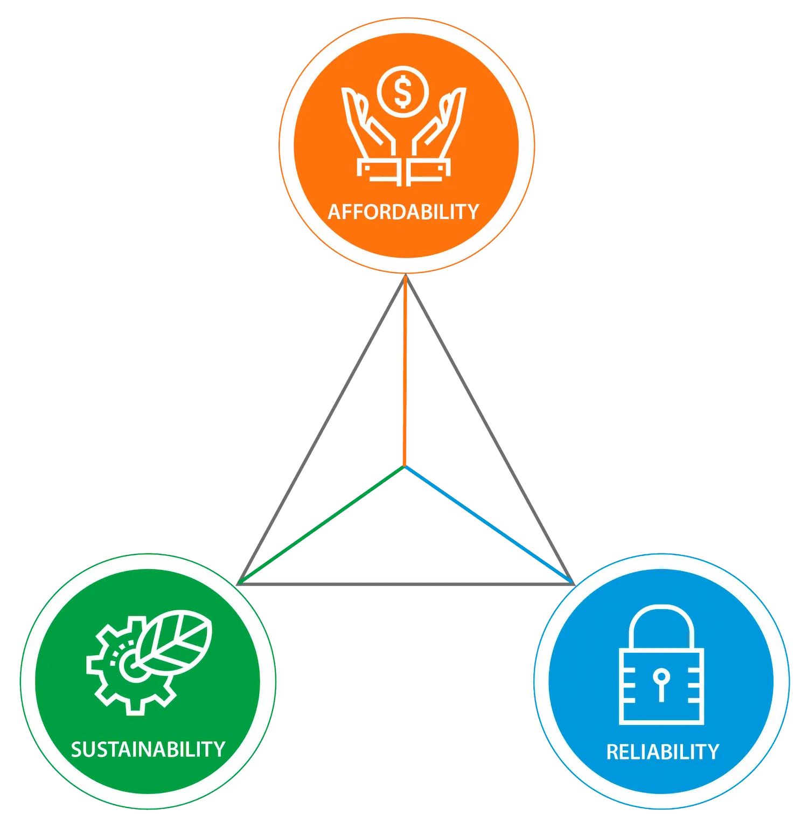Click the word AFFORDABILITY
[x=403, y=212]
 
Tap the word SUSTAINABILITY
[x=148, y=749]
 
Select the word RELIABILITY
[x=663, y=752]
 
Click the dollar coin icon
[x=403, y=92]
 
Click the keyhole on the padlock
[x=661, y=684]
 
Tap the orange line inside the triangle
[x=405, y=371]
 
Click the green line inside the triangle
[x=322, y=525]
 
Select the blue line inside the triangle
[x=488, y=525]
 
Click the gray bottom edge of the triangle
[x=406, y=584]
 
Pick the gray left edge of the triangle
[x=322, y=429]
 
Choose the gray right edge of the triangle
[x=490, y=429]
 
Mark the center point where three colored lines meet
[x=405, y=466]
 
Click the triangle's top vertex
[x=406, y=275]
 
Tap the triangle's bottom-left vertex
[x=238, y=584]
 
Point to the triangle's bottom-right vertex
[x=574, y=584]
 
